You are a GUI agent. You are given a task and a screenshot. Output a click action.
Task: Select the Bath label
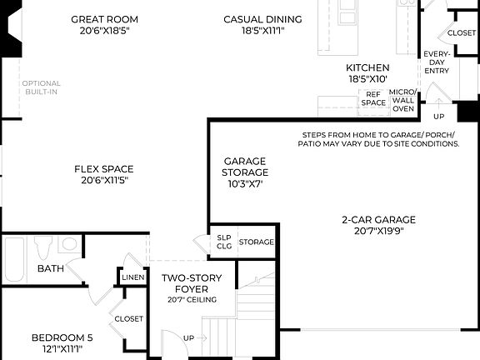point(50,268)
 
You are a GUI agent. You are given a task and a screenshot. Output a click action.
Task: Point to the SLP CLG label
point(224,241)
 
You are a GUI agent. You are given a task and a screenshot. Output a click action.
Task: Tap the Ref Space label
point(374,98)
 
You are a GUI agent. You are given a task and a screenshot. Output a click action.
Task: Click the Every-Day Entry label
point(437,62)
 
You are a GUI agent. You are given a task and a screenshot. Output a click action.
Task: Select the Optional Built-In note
point(41,87)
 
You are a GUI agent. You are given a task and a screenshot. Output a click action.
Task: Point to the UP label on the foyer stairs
point(189,337)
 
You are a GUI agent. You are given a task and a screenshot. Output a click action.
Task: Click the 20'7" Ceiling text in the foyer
point(192,300)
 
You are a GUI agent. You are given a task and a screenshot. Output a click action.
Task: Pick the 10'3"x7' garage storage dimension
point(245,184)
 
